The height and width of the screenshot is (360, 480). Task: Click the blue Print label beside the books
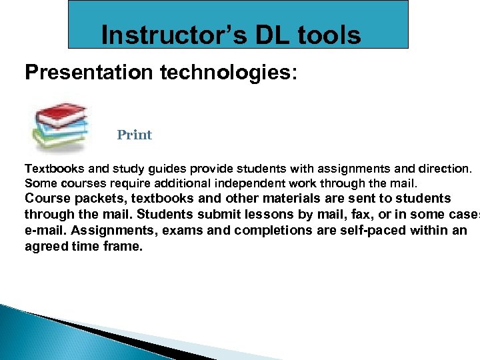pyautogui.click(x=134, y=135)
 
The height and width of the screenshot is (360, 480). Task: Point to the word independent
pyautogui.click(x=249, y=183)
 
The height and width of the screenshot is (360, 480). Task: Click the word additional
pyautogui.click(x=182, y=183)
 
